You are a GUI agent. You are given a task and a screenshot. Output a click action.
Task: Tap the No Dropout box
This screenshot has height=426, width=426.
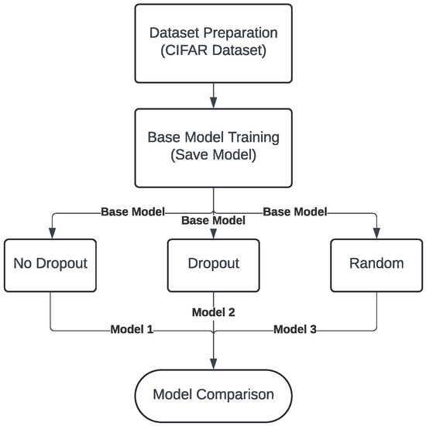[50, 263]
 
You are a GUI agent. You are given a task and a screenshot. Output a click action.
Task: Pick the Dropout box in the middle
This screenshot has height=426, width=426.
[213, 263]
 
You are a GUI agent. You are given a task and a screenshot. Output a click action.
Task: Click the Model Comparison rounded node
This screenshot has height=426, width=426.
[213, 394]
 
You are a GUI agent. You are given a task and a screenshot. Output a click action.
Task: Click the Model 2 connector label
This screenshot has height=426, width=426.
[213, 313]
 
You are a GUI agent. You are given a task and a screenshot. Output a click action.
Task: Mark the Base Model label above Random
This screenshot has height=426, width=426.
[294, 211]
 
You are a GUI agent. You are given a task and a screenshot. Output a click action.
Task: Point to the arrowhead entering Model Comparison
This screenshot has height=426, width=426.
[213, 365]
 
